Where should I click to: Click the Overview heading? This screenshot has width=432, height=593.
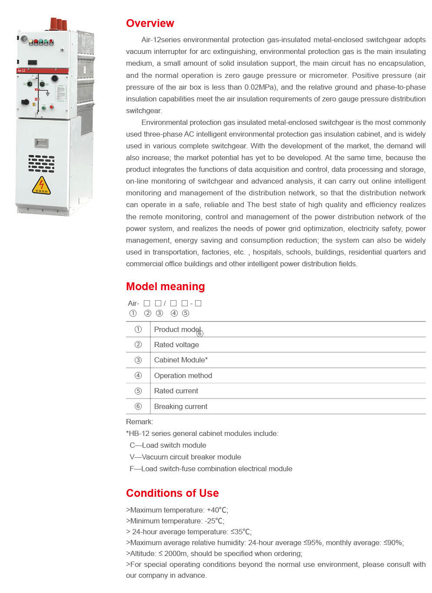pyautogui.click(x=150, y=23)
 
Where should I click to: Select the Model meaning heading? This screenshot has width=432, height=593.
pyautogui.click(x=165, y=287)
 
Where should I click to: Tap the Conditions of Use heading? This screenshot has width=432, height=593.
pyautogui.click(x=172, y=493)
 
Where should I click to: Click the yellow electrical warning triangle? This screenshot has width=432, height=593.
pyautogui.click(x=41, y=186)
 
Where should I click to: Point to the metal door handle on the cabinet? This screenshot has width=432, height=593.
pyautogui.click(x=41, y=143)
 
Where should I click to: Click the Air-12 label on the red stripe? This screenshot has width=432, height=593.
pyautogui.click(x=21, y=70)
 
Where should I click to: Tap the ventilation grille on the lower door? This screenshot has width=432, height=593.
pyautogui.click(x=41, y=164)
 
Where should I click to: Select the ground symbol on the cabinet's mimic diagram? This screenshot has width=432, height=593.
pyautogui.click(x=47, y=94)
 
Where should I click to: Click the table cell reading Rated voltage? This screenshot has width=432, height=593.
pyautogui.click(x=176, y=345)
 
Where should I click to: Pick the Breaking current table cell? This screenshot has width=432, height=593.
pyautogui.click(x=180, y=407)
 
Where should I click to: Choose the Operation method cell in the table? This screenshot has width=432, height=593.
pyautogui.click(x=183, y=376)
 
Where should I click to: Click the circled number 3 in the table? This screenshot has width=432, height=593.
pyautogui.click(x=138, y=360)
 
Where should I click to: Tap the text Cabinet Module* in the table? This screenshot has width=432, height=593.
pyautogui.click(x=181, y=360)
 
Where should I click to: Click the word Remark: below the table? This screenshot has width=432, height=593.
pyautogui.click(x=140, y=422)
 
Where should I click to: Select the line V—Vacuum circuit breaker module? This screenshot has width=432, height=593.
pyautogui.click(x=185, y=457)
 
